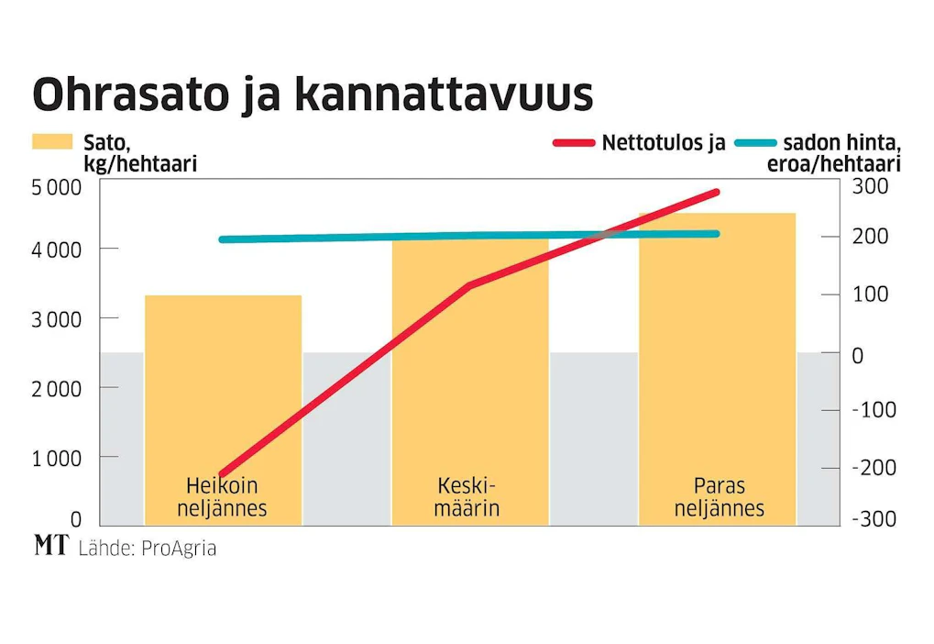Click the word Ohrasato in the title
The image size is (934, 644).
coord(131,94)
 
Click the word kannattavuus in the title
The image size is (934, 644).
coord(445,94)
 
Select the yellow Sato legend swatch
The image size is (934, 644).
coord(52,142)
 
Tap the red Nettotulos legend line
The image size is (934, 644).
coord(574,142)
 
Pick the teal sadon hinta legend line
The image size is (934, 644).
coord(755,142)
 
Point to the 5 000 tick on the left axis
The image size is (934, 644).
coord(57,187)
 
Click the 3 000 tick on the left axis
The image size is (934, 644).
coord(57,319)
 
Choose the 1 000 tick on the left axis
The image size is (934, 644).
coord(57,459)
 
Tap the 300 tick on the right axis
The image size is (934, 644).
coord(870,186)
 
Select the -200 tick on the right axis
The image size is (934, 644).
coord(874,468)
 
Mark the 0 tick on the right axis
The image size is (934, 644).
coord(858,356)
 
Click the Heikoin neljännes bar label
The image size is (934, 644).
coord(222,496)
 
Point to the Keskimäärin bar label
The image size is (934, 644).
coord(467,496)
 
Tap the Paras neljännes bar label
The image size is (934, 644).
coord(720,496)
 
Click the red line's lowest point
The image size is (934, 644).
coord(222,474)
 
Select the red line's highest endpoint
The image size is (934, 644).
coord(717,192)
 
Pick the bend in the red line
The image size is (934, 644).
coord(469,285)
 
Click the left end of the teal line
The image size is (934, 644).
coord(222,239)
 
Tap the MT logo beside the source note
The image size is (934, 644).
coord(51,545)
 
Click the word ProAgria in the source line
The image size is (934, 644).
coord(179,549)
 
